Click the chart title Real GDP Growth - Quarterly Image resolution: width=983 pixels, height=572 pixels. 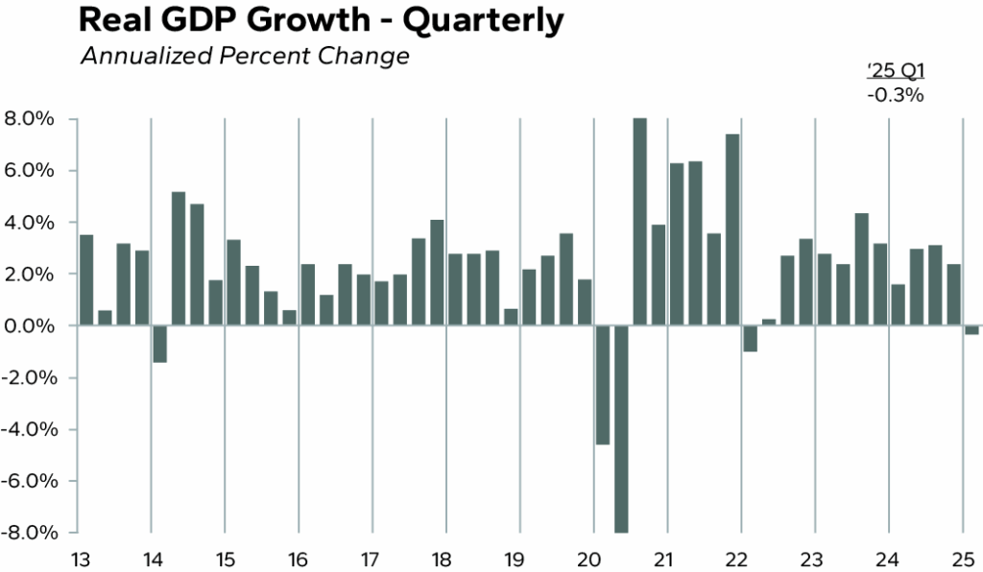click(x=320, y=21)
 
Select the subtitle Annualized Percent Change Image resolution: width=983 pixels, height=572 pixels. click(x=244, y=57)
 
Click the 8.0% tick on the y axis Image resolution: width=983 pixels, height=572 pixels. click(x=33, y=119)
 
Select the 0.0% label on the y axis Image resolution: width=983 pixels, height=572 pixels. click(x=33, y=326)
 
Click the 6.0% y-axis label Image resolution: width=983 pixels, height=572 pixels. click(x=33, y=171)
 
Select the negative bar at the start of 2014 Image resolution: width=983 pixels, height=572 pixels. click(x=160, y=345)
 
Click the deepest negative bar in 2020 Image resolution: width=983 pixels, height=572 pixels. click(x=621, y=429)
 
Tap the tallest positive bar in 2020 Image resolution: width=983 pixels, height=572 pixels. click(x=639, y=222)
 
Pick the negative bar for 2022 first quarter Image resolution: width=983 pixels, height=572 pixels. click(x=750, y=339)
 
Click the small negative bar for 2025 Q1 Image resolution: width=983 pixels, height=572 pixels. click(x=971, y=330)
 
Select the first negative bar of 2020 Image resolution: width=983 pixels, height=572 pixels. click(x=603, y=385)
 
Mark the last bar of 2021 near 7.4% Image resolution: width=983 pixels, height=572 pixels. click(x=731, y=230)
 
